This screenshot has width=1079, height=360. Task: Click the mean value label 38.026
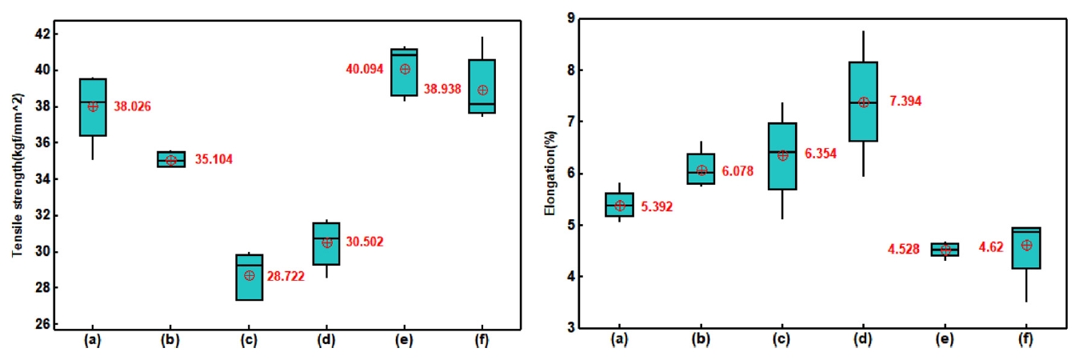(132, 106)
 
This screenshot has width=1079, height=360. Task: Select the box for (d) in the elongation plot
(863, 102)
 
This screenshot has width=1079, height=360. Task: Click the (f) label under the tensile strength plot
(482, 338)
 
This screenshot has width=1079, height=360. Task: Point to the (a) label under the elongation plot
(619, 338)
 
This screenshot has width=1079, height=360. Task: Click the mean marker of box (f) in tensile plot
(482, 90)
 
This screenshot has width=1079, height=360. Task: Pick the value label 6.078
(737, 171)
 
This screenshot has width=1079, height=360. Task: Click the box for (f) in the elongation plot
(1026, 248)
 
